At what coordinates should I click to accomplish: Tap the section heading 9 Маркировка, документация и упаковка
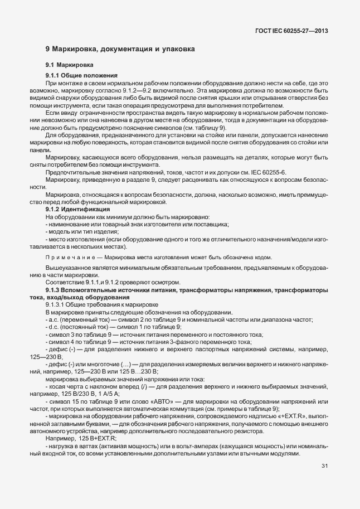[x=120, y=49]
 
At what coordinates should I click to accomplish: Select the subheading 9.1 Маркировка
[x=69, y=66]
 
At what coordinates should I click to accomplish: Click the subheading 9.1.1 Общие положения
[x=81, y=75]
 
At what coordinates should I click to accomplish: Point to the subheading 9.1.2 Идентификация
[x=81, y=209]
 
